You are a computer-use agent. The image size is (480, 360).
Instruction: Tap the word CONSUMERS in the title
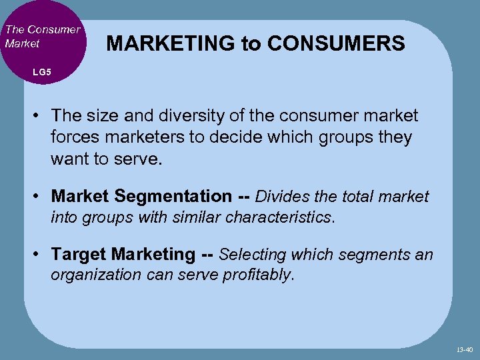coord(335,43)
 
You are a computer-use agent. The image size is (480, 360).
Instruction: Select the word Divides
coord(282,197)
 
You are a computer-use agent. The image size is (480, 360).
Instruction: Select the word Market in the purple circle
coord(22,43)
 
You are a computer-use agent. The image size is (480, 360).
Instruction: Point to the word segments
coord(378,255)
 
